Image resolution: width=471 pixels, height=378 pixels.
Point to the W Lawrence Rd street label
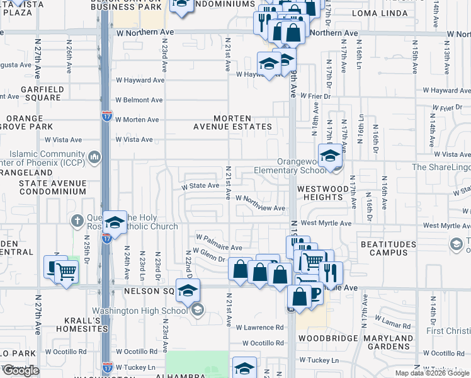[259, 328]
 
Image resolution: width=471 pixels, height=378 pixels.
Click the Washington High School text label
[140, 310]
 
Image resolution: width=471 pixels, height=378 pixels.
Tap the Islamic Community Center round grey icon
[94, 156]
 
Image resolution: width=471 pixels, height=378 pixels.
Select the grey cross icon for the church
[77, 220]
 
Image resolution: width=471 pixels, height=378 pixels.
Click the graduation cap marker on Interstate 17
[115, 222]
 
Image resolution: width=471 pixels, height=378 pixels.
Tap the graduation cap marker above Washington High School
[188, 290]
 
